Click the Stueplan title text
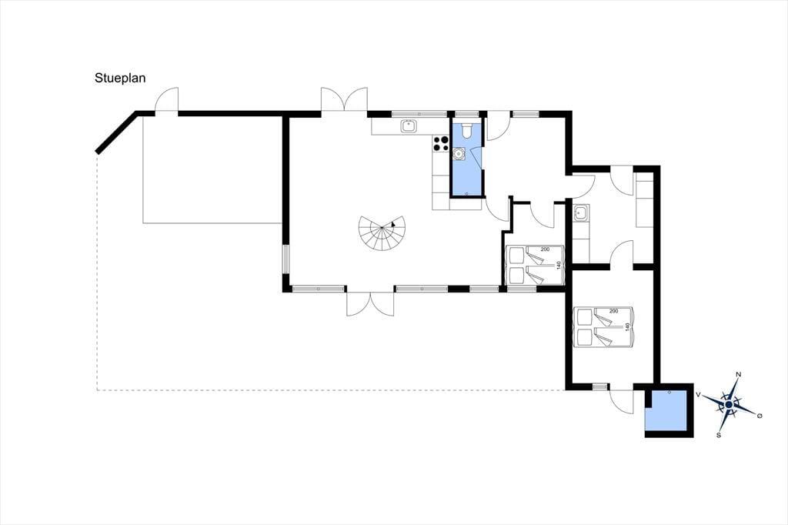coord(120,79)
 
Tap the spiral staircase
coord(380,233)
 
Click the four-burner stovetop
coord(441,144)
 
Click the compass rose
coord(729,404)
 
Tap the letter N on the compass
coord(738,375)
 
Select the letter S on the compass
coord(720,435)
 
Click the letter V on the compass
coord(698,395)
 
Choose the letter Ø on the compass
coord(760,416)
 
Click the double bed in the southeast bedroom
coord(604,327)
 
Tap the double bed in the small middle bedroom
coord(536,265)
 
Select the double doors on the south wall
coord(370,303)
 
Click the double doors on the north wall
coord(344,99)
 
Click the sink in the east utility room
coord(581,213)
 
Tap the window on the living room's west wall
coord(285,259)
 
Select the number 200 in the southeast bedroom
coord(613,311)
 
